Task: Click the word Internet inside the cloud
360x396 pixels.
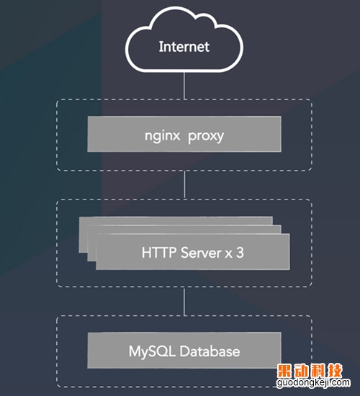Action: point(184,47)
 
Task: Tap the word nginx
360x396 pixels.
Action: point(162,136)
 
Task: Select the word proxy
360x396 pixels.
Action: point(206,137)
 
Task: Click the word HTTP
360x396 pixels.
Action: point(159,252)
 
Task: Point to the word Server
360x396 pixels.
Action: point(201,253)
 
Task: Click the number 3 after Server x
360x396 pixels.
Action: point(240,252)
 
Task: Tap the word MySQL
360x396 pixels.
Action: point(152,351)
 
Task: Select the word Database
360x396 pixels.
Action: point(210,351)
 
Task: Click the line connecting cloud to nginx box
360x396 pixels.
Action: point(184,86)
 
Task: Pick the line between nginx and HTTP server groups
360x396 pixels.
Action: point(184,184)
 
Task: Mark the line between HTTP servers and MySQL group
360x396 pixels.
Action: point(184,301)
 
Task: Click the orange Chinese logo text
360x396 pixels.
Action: point(310,371)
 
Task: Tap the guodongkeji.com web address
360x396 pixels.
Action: point(313,383)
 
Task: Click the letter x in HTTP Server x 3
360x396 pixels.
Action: point(229,253)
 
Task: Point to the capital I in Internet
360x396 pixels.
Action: point(161,47)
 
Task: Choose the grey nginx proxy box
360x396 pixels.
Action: point(184,134)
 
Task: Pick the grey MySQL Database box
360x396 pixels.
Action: point(184,350)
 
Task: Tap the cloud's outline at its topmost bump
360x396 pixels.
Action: point(174,8)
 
